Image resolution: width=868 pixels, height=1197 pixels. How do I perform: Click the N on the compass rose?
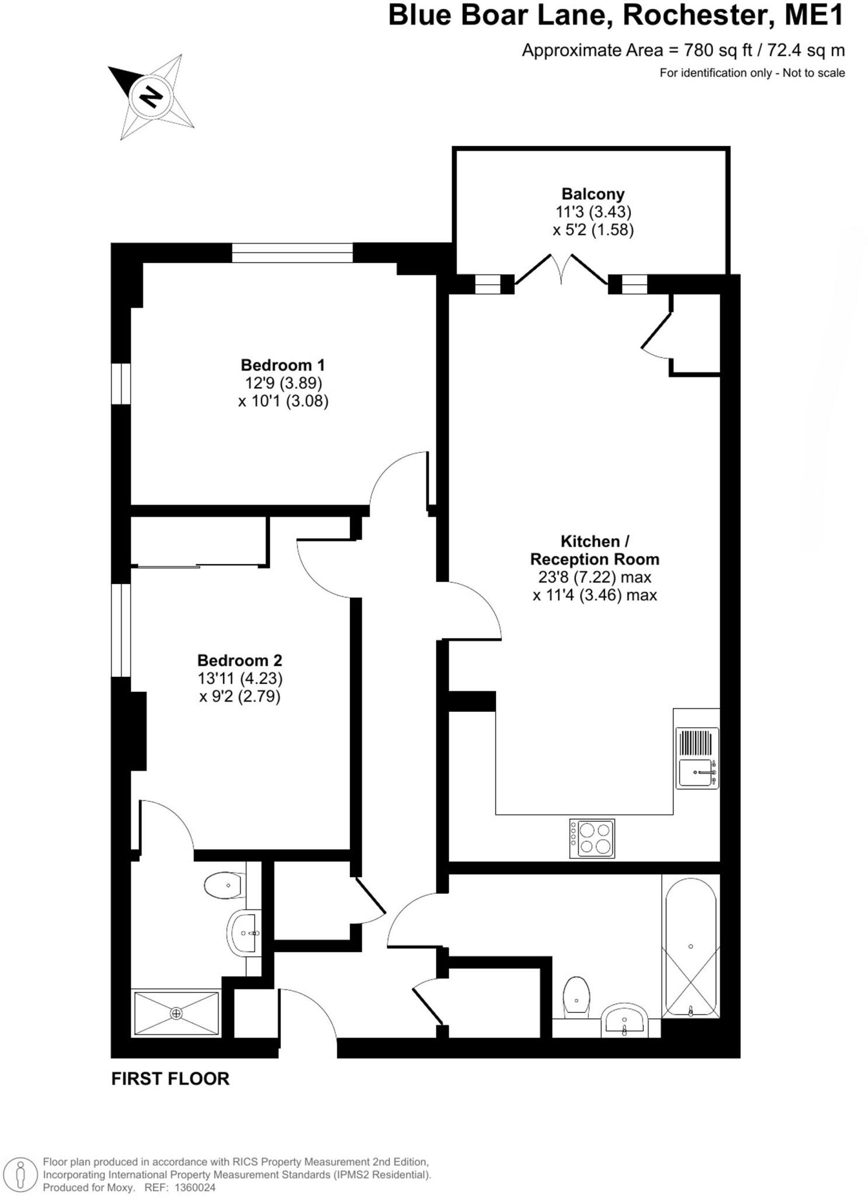pos(151,95)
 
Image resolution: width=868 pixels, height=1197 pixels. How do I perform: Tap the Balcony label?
pos(592,194)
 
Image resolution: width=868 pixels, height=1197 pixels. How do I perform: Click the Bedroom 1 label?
pos(283,365)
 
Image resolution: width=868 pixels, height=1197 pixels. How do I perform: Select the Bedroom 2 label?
pos(239,660)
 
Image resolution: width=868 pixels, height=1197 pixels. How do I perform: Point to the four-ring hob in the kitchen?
pos(592,838)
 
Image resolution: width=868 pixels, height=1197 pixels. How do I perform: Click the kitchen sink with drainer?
pos(697,758)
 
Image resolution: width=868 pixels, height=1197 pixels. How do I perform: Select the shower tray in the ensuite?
pos(176,1013)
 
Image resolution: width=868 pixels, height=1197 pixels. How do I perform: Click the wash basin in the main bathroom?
pos(624,1020)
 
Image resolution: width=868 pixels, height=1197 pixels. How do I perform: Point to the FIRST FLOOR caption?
pos(170,1078)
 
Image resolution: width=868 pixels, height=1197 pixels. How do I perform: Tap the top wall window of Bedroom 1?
pos(292,252)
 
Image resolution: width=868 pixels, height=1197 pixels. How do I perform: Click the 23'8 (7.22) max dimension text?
pos(594,577)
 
